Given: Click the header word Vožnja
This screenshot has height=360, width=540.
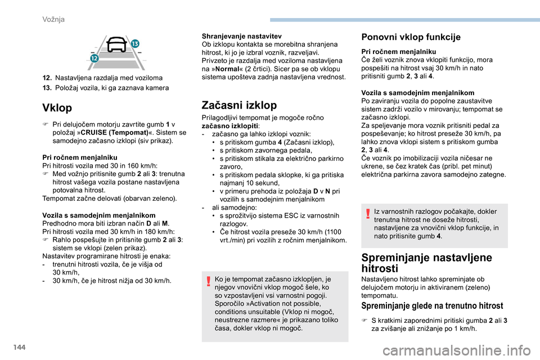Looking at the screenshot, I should (x=53, y=19).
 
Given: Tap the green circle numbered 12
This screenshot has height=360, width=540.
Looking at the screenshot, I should (x=93, y=58).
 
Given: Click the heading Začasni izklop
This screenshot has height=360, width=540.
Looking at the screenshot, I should (x=238, y=105).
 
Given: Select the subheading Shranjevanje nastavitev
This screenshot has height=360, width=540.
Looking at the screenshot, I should (x=241, y=35).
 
